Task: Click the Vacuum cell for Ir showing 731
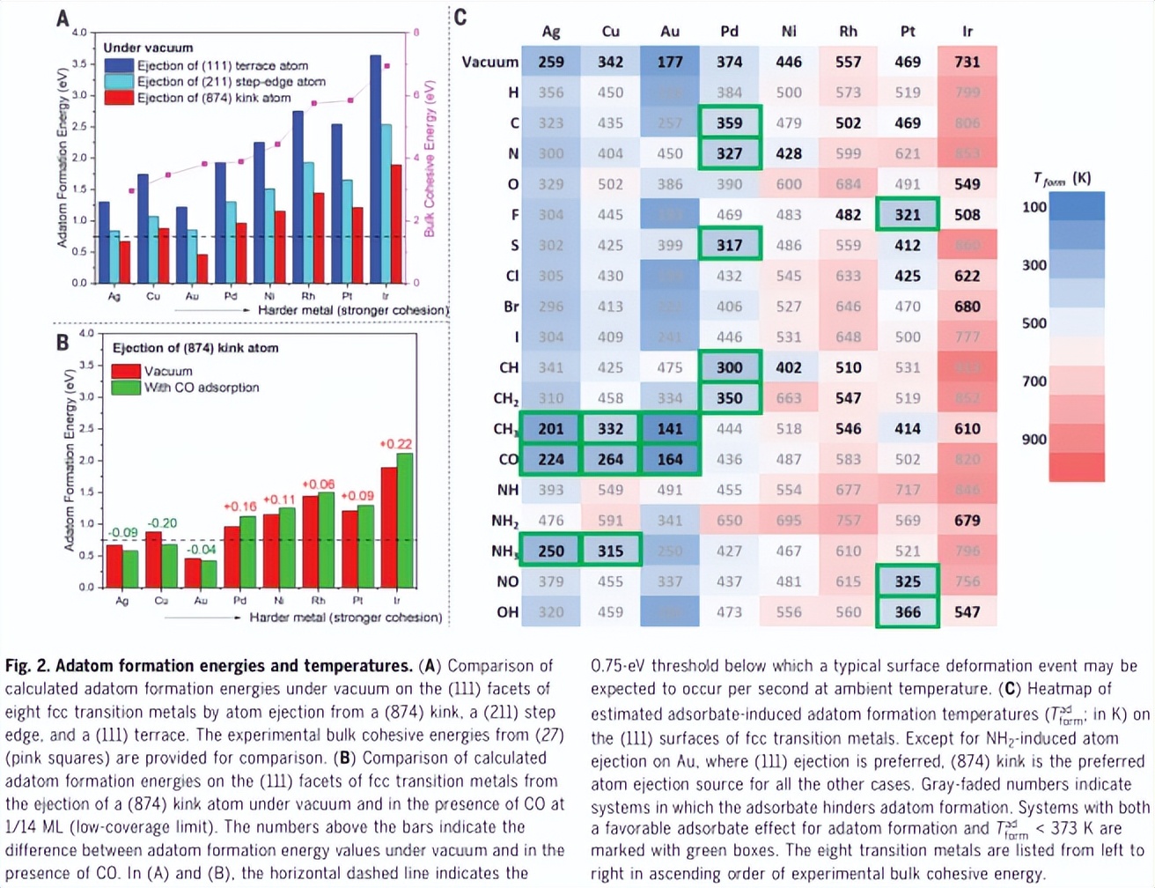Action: (967, 62)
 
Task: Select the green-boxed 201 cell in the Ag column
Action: (551, 429)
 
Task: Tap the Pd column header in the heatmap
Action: (729, 32)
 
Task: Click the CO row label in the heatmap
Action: (508, 460)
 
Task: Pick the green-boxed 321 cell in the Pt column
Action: (908, 215)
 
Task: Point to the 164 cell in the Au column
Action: (670, 460)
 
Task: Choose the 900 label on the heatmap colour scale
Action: (1034, 440)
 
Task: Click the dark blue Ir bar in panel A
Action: (376, 167)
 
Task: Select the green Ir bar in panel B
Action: (405, 520)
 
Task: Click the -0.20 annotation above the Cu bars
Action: (162, 523)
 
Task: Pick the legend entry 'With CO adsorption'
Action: (202, 388)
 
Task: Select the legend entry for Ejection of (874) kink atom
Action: (213, 98)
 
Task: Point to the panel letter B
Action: (63, 343)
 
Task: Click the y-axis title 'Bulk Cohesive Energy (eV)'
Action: (430, 159)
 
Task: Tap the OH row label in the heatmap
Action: (507, 612)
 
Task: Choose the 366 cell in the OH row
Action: (908, 612)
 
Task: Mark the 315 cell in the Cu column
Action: (610, 551)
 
